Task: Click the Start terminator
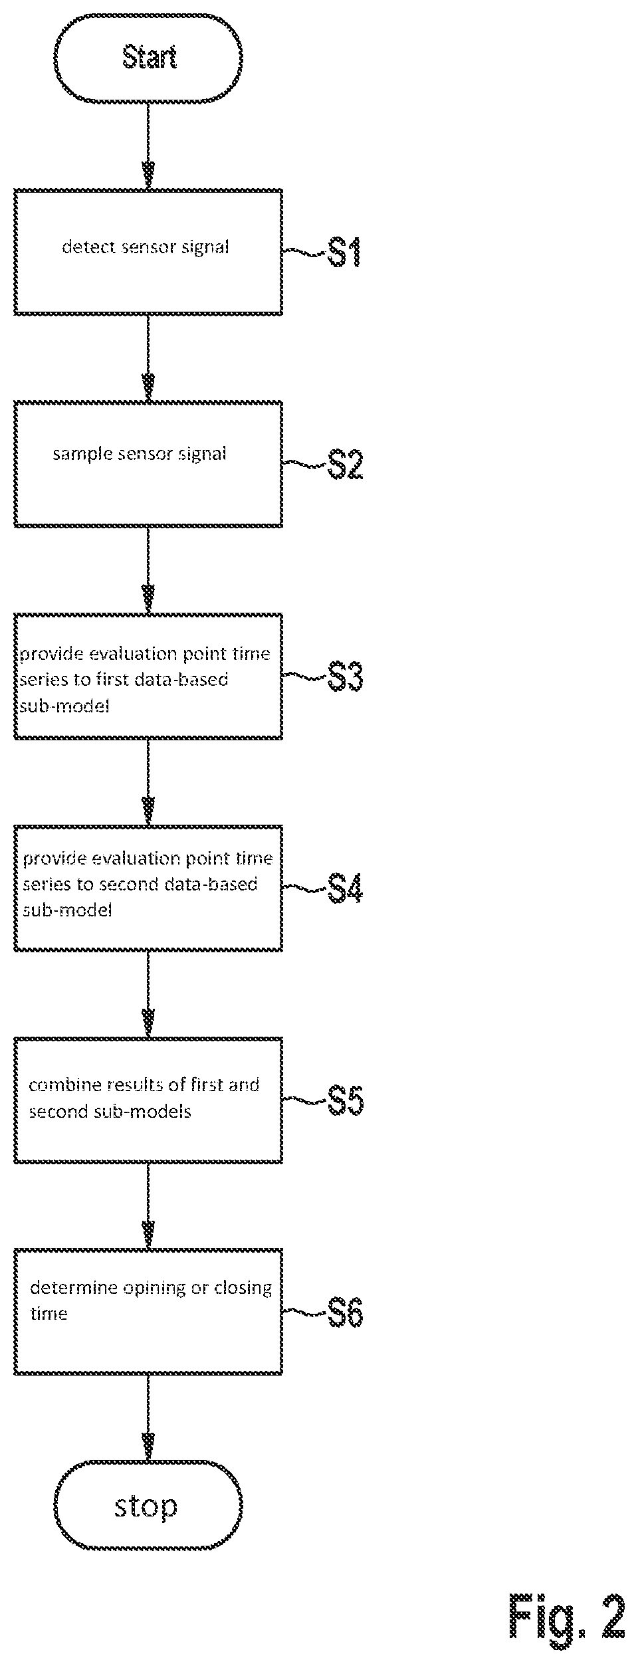click(148, 58)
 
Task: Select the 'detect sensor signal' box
click(148, 252)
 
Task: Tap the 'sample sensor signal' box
click(148, 464)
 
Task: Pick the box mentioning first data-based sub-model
click(148, 676)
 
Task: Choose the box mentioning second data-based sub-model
click(148, 888)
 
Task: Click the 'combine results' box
click(148, 1100)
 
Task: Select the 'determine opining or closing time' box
click(148, 1312)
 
